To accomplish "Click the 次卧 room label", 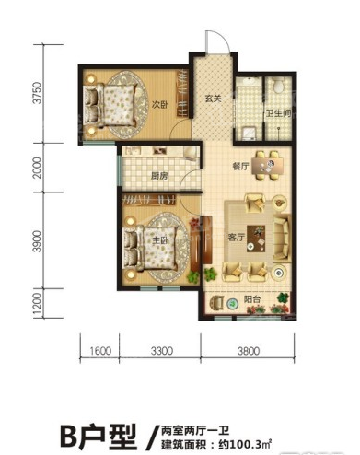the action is click(x=160, y=105).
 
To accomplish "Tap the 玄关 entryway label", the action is click(x=214, y=99).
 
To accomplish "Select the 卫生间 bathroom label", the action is click(x=278, y=113).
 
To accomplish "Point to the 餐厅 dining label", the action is click(x=241, y=166).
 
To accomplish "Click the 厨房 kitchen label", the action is click(x=159, y=176).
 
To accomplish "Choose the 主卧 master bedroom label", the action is click(x=160, y=239).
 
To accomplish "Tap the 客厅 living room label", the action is click(x=237, y=237).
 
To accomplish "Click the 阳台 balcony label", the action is click(x=252, y=299).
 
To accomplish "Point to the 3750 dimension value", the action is click(x=37, y=93).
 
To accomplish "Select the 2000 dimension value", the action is click(x=37, y=168).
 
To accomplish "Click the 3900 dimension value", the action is click(x=37, y=241).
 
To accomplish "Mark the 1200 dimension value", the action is click(x=37, y=305).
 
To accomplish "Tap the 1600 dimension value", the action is click(x=100, y=351).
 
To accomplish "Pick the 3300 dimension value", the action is click(x=162, y=351).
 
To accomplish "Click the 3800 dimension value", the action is click(x=249, y=351).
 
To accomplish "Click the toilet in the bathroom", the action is click(x=279, y=85).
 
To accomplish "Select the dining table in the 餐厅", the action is click(x=268, y=166).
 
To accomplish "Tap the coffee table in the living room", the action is click(x=257, y=239).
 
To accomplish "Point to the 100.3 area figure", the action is click(x=244, y=444).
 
